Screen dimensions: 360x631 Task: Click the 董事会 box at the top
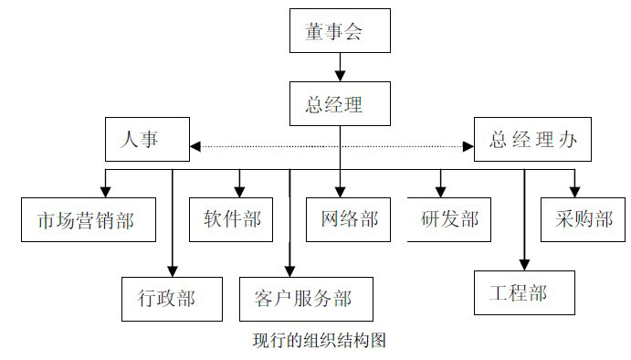point(340,31)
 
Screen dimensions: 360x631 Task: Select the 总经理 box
point(340,103)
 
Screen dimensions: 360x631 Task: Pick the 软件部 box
point(231,219)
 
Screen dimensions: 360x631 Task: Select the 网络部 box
point(349,219)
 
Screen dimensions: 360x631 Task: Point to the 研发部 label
point(449,219)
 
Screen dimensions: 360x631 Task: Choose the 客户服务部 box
point(301,297)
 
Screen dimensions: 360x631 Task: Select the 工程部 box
point(524,292)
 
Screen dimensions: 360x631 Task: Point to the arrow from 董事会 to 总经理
point(340,68)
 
